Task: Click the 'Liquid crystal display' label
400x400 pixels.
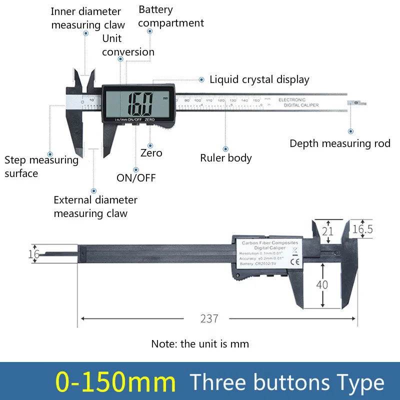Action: tap(259, 79)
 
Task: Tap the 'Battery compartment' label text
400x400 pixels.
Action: tap(171, 16)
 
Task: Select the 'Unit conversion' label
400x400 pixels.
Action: tap(128, 45)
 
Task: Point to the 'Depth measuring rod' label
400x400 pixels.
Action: tap(340, 143)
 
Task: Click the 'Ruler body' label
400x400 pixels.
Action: tap(226, 158)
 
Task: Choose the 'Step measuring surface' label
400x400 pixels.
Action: tap(41, 166)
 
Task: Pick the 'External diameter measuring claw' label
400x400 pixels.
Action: tap(95, 206)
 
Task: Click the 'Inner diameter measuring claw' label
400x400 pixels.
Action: tap(86, 18)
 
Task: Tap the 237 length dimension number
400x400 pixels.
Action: tap(209, 318)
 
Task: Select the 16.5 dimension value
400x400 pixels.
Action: tap(362, 229)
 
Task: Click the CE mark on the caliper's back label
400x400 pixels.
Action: tap(295, 261)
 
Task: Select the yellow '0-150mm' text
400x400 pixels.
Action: tap(116, 382)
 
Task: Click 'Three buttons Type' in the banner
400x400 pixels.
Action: tap(287, 382)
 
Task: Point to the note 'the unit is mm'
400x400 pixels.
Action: tap(200, 343)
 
